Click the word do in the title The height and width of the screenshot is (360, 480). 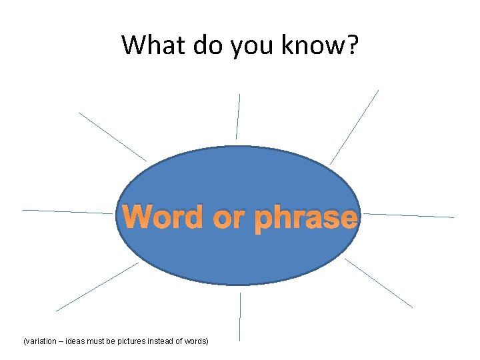205,45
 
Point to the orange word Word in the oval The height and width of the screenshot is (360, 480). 163,217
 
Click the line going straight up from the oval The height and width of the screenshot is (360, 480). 238,117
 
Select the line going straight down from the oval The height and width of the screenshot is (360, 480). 240,317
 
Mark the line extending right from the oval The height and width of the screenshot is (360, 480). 408,215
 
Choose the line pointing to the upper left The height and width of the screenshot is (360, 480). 112,136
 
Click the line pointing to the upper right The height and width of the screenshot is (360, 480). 354,127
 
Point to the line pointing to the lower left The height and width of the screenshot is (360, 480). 97,287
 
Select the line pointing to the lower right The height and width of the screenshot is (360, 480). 378,283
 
